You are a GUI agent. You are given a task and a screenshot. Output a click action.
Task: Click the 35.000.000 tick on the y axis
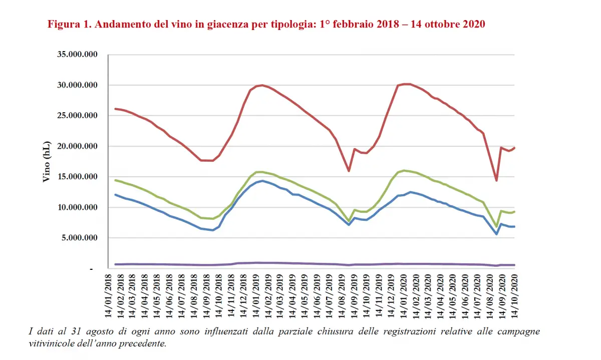(x=76, y=55)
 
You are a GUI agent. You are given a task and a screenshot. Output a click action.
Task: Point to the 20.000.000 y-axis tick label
(x=76, y=146)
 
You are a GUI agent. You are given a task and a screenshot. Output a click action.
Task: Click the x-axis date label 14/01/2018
(x=108, y=295)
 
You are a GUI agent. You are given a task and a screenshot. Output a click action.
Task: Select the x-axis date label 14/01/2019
(x=256, y=295)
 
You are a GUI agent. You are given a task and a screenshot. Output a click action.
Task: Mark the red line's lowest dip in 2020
(x=496, y=180)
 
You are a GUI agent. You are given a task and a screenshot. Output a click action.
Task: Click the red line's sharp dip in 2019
(x=349, y=171)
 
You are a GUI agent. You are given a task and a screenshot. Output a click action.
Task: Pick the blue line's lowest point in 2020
(x=496, y=234)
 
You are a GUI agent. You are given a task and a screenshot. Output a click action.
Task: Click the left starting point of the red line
(x=115, y=109)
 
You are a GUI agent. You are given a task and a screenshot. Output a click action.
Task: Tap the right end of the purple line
(x=515, y=265)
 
